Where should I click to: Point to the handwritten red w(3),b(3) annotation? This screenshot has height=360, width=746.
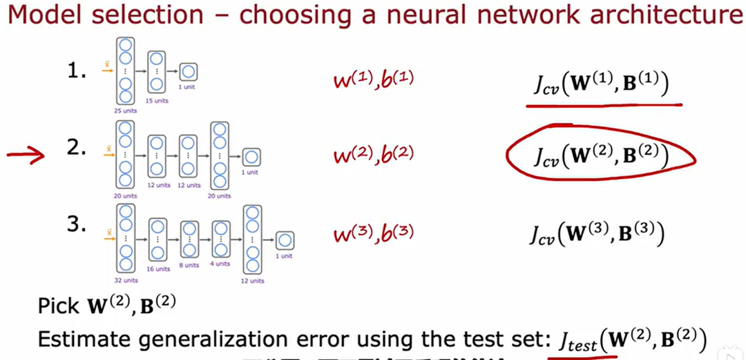374,233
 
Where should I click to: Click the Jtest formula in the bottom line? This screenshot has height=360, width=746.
629,340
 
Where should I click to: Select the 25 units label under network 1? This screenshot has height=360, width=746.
126,109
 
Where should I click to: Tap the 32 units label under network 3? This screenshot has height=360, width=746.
126,281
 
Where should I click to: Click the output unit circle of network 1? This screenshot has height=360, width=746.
189,71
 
